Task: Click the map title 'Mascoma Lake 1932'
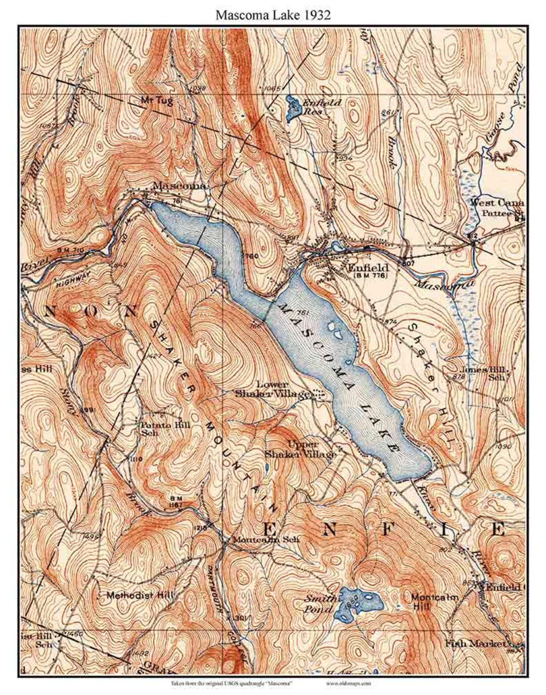click(x=273, y=15)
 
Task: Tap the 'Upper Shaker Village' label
click(x=302, y=450)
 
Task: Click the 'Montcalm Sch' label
click(x=266, y=539)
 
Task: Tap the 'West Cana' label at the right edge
click(x=496, y=203)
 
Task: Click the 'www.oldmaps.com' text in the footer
click(x=348, y=683)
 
